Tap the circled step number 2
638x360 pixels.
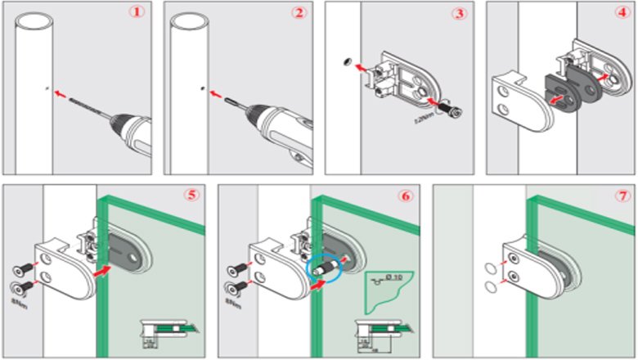299,13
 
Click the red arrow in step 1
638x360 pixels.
59,93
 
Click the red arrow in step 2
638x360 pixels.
218,93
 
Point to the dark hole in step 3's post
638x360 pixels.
346,59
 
